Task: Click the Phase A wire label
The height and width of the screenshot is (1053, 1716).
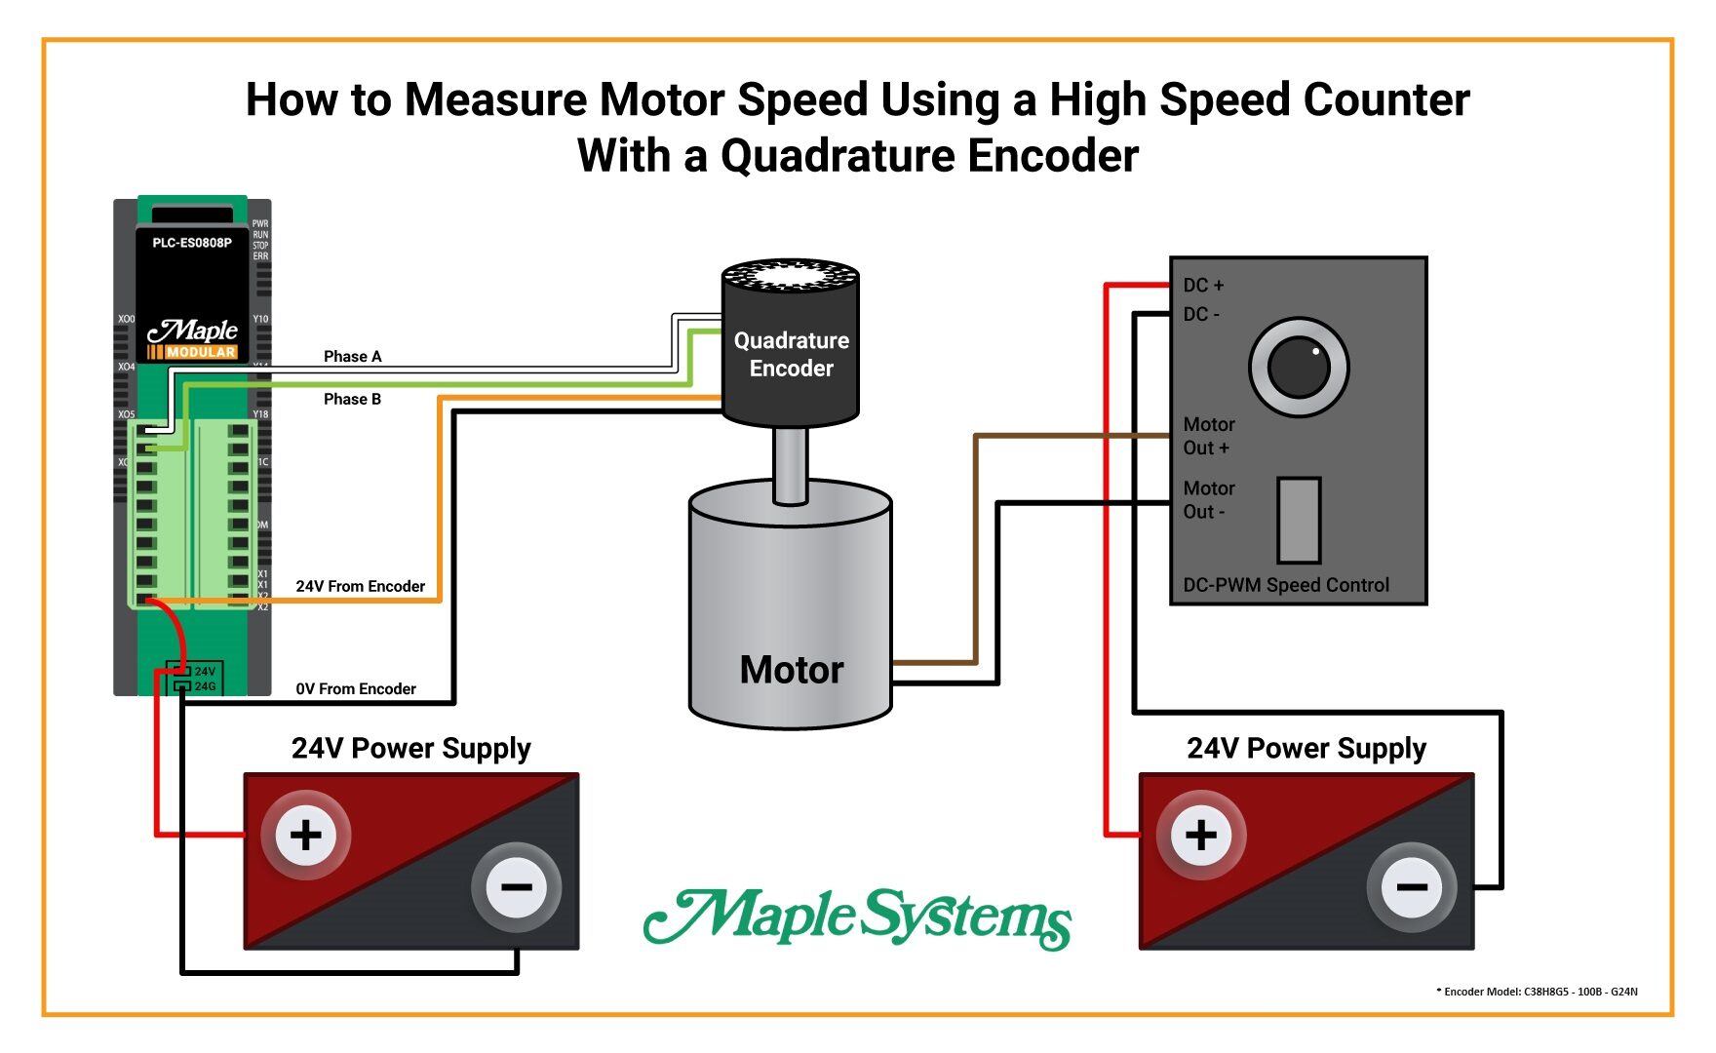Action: (x=352, y=357)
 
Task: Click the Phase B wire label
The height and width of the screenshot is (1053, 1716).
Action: (x=352, y=400)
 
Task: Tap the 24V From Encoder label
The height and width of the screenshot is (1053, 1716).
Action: (x=360, y=587)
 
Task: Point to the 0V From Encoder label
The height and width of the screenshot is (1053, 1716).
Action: (x=356, y=689)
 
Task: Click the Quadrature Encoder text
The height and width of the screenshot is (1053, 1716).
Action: (x=791, y=355)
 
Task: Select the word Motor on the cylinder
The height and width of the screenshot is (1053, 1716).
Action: (x=791, y=671)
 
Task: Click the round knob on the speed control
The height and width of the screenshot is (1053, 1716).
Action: (x=1299, y=368)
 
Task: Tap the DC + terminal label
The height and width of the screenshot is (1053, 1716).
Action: (x=1203, y=286)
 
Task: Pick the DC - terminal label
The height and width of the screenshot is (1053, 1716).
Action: (x=1201, y=315)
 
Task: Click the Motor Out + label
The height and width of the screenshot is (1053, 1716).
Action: (x=1208, y=437)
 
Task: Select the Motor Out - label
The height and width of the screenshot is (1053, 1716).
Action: (x=1208, y=500)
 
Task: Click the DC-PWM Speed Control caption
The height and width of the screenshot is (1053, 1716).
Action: (x=1286, y=586)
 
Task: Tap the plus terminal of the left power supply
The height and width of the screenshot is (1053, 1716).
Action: (x=306, y=836)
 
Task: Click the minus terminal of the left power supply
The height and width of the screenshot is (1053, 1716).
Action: (x=516, y=887)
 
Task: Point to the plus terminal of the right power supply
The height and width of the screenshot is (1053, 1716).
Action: (x=1201, y=836)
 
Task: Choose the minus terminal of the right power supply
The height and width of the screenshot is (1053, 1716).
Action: (x=1411, y=887)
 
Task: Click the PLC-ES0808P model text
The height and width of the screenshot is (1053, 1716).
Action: (x=192, y=243)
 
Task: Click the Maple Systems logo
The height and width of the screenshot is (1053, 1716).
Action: (x=858, y=917)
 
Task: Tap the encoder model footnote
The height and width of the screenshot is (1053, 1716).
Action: (x=1537, y=992)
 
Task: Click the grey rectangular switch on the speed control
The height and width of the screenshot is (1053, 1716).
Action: (x=1299, y=521)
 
